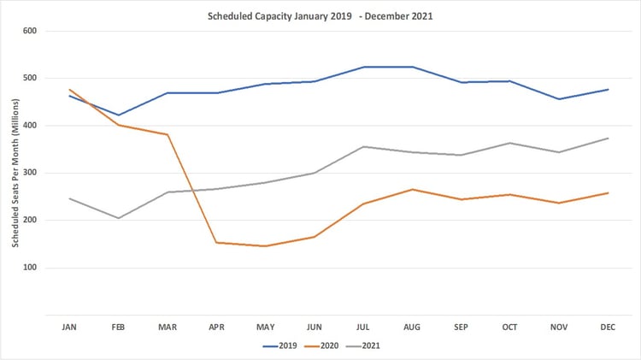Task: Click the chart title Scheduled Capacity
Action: pos(320,15)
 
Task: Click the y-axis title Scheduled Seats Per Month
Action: pos(15,172)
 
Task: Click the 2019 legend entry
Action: pos(282,346)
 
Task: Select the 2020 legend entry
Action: pos(330,346)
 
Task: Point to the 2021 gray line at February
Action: pos(118,218)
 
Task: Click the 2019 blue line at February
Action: pos(118,115)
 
